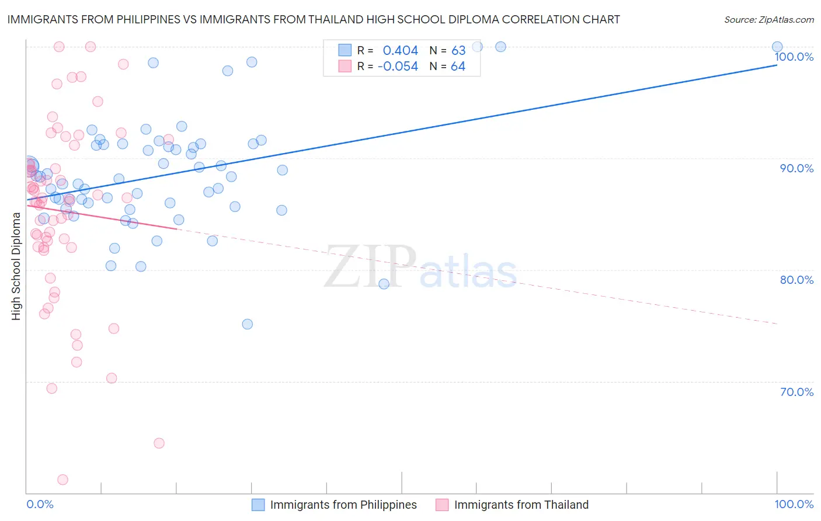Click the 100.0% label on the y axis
point(794,57)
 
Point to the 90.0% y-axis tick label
point(796,168)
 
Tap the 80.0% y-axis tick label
point(796,280)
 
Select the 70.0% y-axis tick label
point(796,392)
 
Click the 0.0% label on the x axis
point(40,504)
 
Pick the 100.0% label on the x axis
point(794,504)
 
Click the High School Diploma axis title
point(16,266)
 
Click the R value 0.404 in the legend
point(400,51)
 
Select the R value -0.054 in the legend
point(398,67)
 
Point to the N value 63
point(458,51)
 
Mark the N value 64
point(458,67)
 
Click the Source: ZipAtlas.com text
point(768,20)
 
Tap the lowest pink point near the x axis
point(62,480)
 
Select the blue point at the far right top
point(777,47)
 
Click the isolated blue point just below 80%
point(384,284)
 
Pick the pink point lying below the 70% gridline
point(159,443)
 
